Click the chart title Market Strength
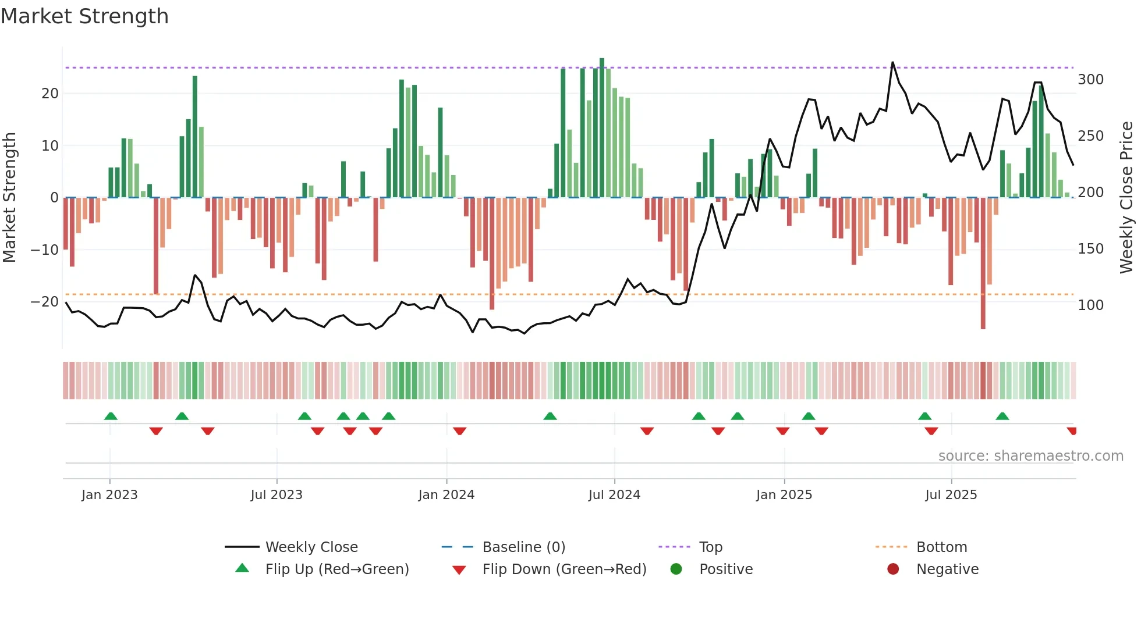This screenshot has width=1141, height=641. tap(84, 16)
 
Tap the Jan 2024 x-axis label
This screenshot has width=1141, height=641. tap(446, 495)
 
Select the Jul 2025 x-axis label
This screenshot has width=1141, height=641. tap(951, 495)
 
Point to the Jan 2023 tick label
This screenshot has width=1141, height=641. tap(109, 495)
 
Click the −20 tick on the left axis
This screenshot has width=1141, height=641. tap(44, 302)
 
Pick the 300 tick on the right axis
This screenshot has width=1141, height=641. tap(1090, 80)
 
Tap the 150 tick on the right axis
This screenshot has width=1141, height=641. tap(1090, 249)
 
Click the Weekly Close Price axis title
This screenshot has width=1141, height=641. tap(1126, 198)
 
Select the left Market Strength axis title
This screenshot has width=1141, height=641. tap(9, 198)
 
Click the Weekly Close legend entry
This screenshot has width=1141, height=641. tap(311, 547)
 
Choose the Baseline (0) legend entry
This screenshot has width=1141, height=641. tap(523, 547)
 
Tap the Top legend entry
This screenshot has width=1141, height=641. tap(710, 547)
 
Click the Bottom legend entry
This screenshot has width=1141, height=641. tap(941, 547)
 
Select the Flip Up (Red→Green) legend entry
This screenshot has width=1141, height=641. tap(336, 569)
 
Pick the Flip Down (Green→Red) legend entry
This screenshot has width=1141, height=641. tap(564, 569)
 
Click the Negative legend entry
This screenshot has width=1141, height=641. tap(947, 569)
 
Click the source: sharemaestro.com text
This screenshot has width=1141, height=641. tap(1030, 456)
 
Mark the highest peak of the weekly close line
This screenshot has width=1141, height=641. tap(892, 62)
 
